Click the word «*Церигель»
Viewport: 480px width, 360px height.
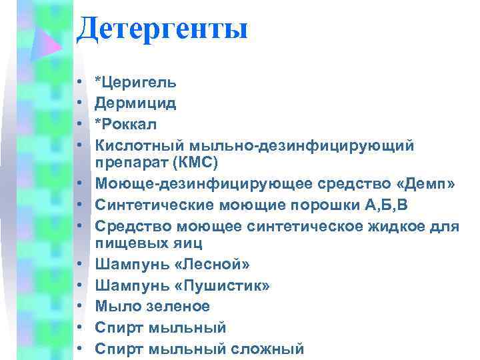pos(136,83)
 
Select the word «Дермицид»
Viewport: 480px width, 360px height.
pos(135,103)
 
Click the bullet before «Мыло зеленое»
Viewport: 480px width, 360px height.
pos(79,307)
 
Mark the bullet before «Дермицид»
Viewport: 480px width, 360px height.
pos(79,103)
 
